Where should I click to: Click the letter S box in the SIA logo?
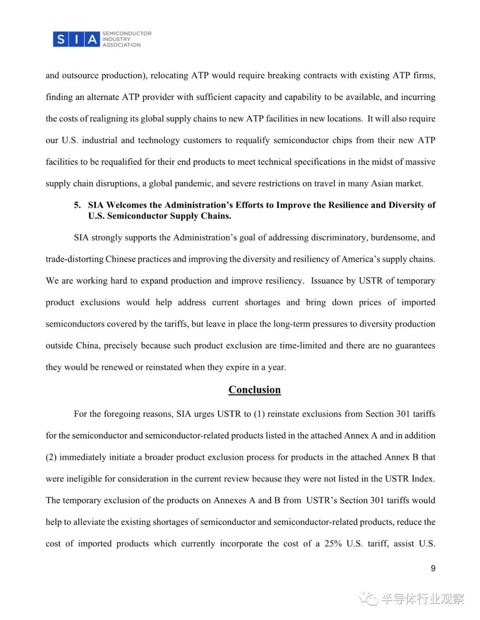(60, 39)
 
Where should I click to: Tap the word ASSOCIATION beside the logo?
(121, 45)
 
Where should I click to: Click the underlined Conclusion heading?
(254, 390)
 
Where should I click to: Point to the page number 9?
(433, 569)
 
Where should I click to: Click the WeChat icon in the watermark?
(369, 599)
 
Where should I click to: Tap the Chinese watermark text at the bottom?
(422, 599)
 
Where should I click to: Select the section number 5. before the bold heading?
(77, 205)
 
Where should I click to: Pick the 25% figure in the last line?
(333, 544)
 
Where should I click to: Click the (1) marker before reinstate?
(259, 414)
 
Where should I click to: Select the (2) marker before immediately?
(51, 457)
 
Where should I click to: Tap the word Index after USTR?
(422, 479)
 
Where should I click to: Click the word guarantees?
(415, 346)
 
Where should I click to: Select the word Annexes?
(230, 501)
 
